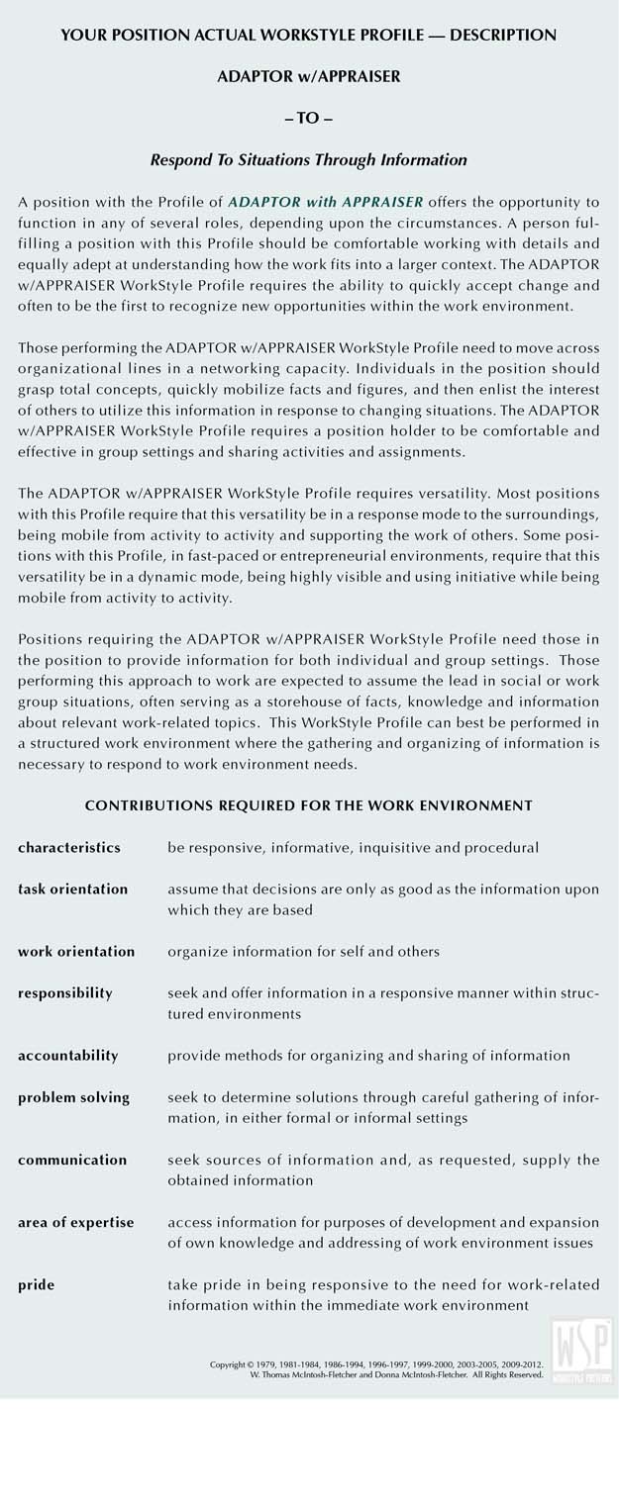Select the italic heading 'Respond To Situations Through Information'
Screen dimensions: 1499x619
pyautogui.click(x=309, y=159)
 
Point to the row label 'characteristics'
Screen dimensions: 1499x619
pyautogui.click(x=69, y=848)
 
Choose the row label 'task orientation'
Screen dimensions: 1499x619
pyautogui.click(x=72, y=890)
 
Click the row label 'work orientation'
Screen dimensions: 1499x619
pyautogui.click(x=76, y=952)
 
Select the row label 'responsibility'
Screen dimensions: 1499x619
pyautogui.click(x=65, y=993)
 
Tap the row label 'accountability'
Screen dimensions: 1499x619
pyautogui.click(x=68, y=1056)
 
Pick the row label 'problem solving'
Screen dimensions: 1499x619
pyautogui.click(x=73, y=1097)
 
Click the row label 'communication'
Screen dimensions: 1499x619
pyautogui.click(x=72, y=1160)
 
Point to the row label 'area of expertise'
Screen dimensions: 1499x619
pyautogui.click(x=75, y=1223)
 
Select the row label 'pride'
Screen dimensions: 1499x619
pyautogui.click(x=37, y=1285)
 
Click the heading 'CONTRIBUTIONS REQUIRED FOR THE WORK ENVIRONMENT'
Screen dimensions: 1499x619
pyautogui.click(x=309, y=806)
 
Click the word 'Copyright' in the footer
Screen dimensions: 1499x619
pyautogui.click(x=228, y=1364)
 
